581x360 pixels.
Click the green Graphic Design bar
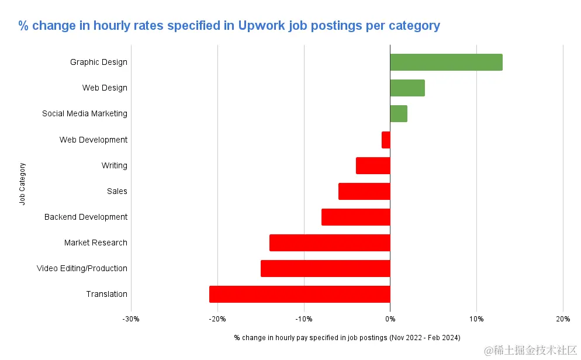(x=446, y=62)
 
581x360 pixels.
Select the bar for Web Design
(x=407, y=88)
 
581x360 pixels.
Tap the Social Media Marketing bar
(x=399, y=113)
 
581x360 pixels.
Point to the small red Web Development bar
(x=386, y=140)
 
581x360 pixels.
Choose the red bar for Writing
(x=373, y=165)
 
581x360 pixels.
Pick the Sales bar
(x=364, y=191)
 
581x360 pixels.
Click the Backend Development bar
(x=355, y=217)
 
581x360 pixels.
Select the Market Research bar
(x=330, y=243)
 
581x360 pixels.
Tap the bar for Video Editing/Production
(x=326, y=268)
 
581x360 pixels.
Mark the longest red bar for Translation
(x=299, y=294)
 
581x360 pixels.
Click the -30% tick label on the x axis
(x=131, y=319)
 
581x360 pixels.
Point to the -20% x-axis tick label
(x=217, y=319)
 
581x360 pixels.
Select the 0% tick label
(x=390, y=319)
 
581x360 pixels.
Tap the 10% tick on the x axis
(x=476, y=319)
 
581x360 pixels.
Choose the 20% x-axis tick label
(x=563, y=319)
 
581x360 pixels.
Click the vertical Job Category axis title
(x=22, y=184)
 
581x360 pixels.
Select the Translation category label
(x=106, y=294)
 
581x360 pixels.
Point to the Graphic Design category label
(x=98, y=62)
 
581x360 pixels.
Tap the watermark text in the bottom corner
(x=531, y=349)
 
